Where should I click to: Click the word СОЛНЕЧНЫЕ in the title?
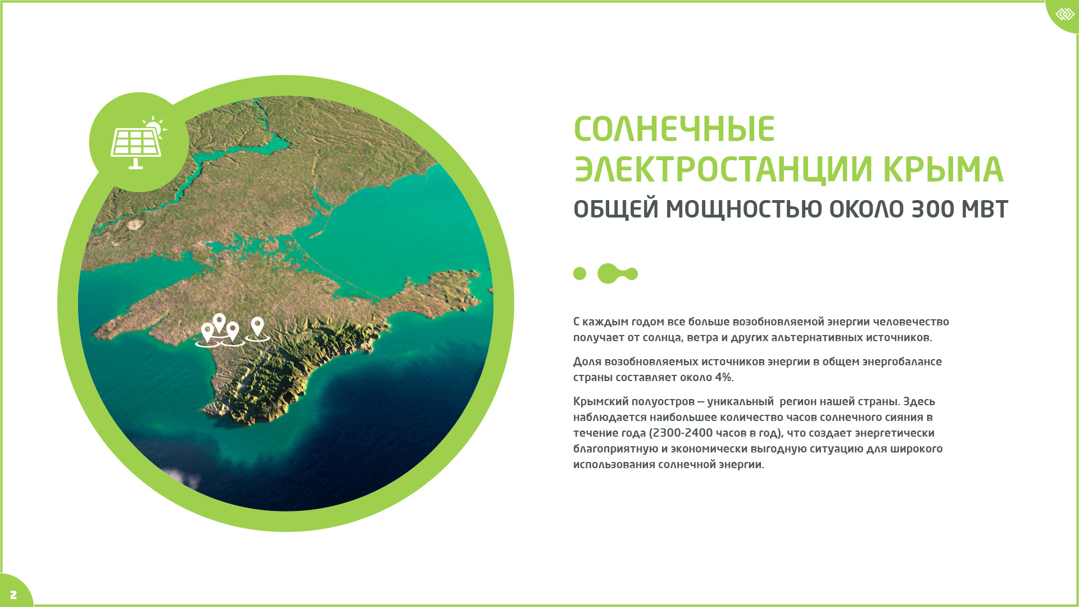(674, 129)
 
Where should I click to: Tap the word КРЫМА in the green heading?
(943, 169)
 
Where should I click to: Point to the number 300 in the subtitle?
(932, 209)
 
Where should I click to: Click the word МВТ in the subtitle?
(985, 209)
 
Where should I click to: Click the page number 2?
(13, 595)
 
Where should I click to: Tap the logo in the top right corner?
(1064, 14)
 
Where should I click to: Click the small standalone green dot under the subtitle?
(579, 274)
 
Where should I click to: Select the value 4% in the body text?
(724, 377)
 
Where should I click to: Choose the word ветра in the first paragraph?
(702, 338)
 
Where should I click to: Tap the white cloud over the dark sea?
(183, 478)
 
